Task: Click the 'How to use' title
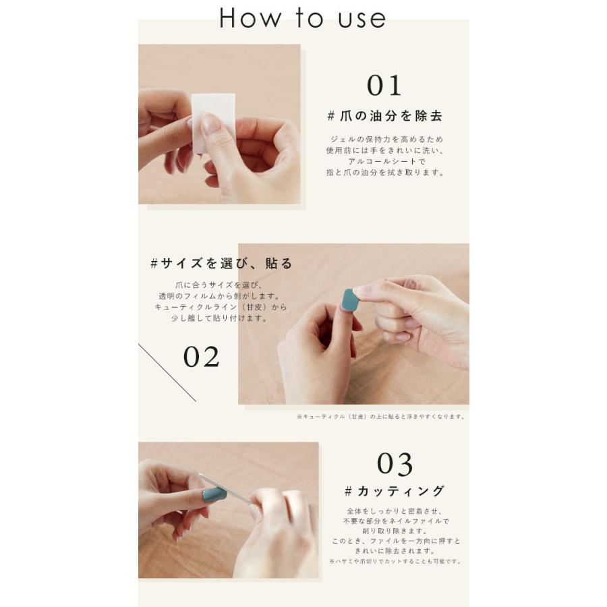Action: click(302, 18)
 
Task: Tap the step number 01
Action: click(384, 86)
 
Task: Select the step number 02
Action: click(201, 357)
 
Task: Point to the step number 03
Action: click(395, 464)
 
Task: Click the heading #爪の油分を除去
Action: click(385, 116)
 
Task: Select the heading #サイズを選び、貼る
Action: click(221, 264)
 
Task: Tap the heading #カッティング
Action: click(395, 491)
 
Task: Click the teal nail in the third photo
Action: click(214, 495)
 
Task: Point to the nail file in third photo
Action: click(225, 488)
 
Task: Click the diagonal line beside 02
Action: click(167, 372)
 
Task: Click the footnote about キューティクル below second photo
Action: click(381, 417)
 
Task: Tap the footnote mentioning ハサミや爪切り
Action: click(395, 561)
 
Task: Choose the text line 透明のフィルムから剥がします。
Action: click(220, 296)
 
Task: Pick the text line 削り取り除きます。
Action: click(395, 531)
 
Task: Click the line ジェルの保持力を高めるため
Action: click(386, 140)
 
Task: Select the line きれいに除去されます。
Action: click(395, 551)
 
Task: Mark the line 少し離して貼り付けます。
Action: click(220, 318)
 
